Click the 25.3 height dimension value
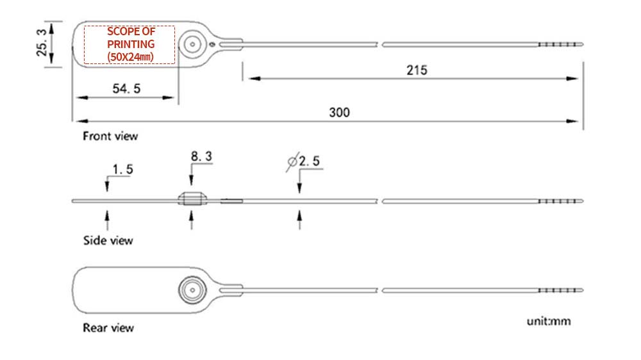(x=42, y=42)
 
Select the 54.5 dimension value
(x=126, y=88)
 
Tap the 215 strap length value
(x=417, y=70)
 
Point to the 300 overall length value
(x=339, y=112)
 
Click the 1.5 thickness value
(x=122, y=169)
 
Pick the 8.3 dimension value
(x=201, y=156)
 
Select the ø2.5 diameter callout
(x=303, y=161)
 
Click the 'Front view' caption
(x=110, y=136)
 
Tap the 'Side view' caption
(x=108, y=240)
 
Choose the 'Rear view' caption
(x=108, y=328)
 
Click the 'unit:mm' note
(x=549, y=321)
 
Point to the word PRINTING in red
(x=131, y=44)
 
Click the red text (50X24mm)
(x=130, y=57)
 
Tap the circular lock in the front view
(x=192, y=44)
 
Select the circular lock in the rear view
(x=192, y=290)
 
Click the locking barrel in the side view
(x=192, y=199)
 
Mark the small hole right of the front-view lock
(x=212, y=44)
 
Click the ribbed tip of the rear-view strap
(x=560, y=290)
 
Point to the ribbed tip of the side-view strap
(x=560, y=201)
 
